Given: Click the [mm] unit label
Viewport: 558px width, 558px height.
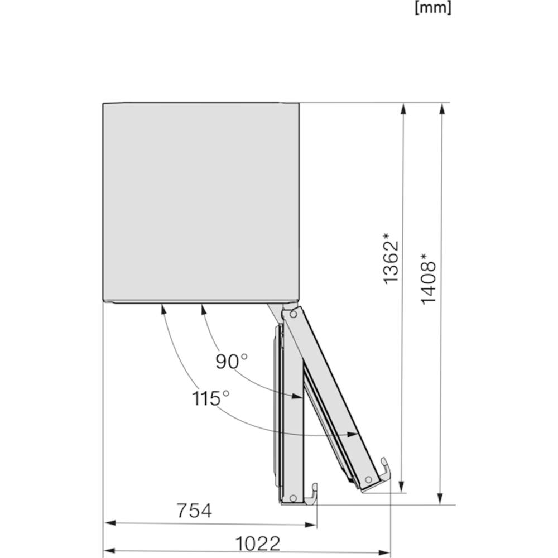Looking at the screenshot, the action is point(433,8).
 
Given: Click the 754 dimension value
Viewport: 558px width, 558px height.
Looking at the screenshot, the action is point(194,511).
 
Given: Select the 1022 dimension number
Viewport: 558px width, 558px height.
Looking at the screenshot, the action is point(258,543).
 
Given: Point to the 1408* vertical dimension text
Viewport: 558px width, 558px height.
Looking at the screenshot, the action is point(428,278).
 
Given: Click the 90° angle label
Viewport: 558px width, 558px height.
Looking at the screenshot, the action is point(232,362).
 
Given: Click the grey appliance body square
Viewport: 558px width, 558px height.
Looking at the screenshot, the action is point(201,203).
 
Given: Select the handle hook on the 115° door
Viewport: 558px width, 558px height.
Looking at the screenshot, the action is point(385,469).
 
